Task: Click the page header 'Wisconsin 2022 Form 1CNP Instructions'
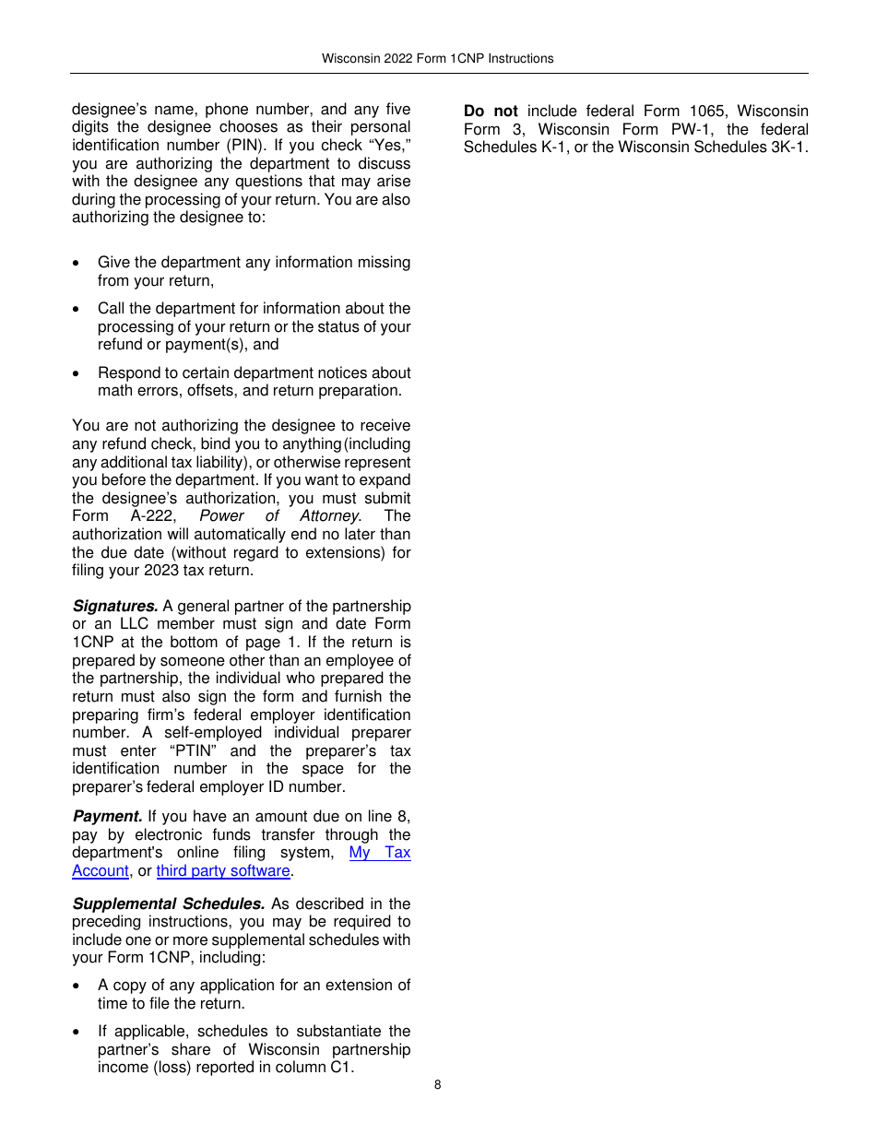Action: pos(437,58)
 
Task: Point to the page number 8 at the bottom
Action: pos(438,1084)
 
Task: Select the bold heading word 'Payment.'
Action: pos(108,816)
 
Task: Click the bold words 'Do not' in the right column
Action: pos(491,111)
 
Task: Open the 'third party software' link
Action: pos(223,870)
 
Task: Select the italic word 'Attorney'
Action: pos(330,516)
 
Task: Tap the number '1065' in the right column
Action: pos(707,111)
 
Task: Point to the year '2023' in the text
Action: pos(161,570)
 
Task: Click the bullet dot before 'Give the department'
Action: pos(76,264)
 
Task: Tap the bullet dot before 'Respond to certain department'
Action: pos(76,373)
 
